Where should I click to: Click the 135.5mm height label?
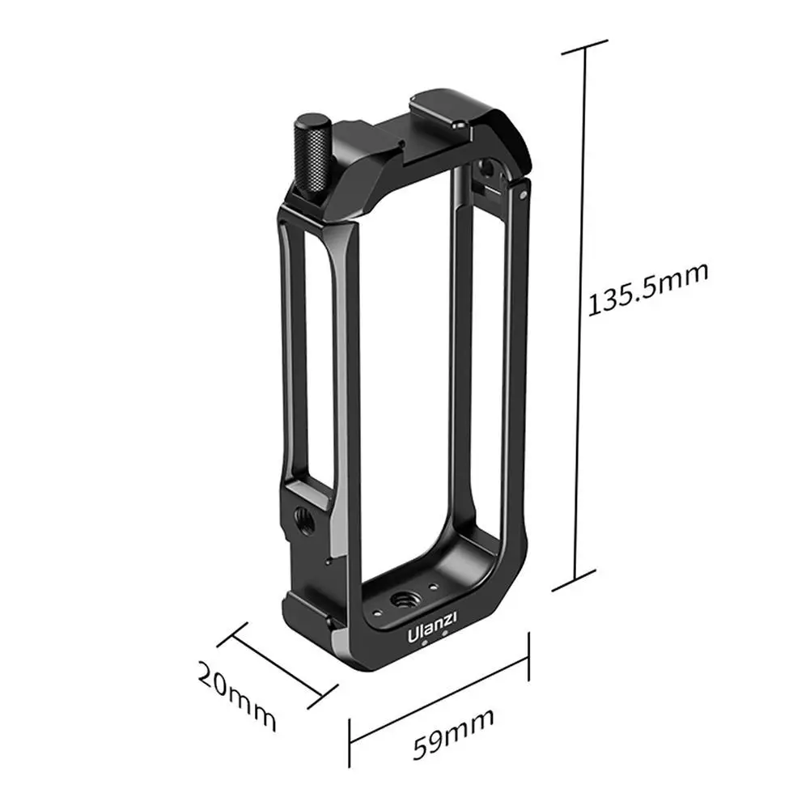(x=648, y=289)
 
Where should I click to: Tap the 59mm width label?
(x=453, y=734)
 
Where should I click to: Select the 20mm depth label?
(x=236, y=697)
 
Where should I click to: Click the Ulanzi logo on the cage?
(x=432, y=626)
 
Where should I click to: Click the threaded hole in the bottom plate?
(x=402, y=600)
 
